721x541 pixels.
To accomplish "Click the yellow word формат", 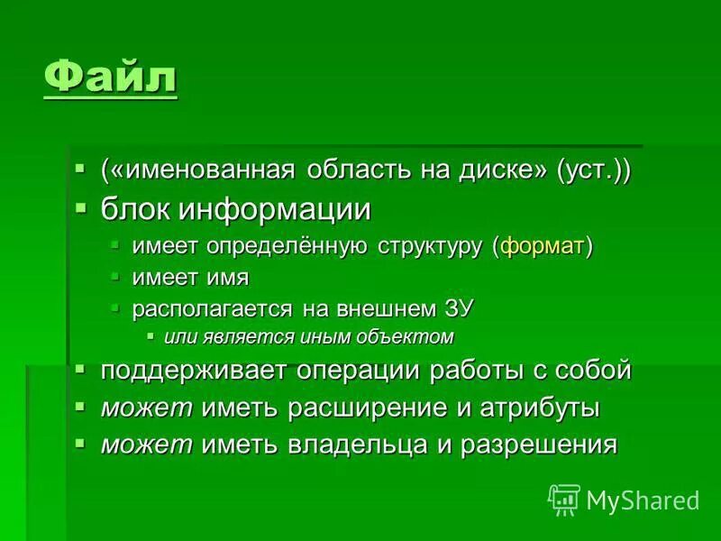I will point(543,247).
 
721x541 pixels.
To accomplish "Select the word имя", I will point(229,278).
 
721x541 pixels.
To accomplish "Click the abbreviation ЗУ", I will point(456,308).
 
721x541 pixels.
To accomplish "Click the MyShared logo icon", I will point(564,499).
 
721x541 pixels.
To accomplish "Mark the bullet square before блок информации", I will point(81,207).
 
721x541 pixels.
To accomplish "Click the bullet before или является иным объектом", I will point(151,336).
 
